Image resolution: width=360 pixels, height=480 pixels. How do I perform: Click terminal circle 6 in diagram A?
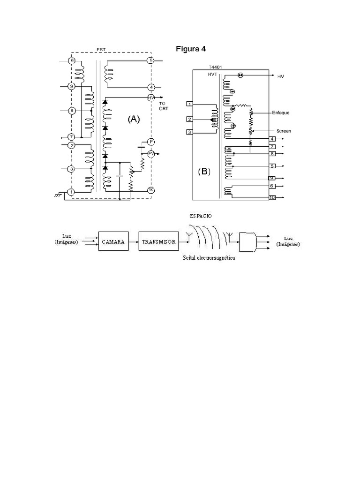pyautogui.click(x=72, y=60)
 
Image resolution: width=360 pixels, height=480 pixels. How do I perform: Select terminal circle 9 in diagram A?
pyautogui.click(x=72, y=86)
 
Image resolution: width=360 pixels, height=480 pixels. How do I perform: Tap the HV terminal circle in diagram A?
pyautogui.click(x=151, y=97)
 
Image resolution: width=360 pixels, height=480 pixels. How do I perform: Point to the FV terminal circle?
pyautogui.click(x=151, y=153)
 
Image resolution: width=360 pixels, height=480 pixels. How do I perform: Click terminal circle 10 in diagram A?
pyautogui.click(x=151, y=190)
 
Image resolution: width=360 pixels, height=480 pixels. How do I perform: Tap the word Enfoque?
pyautogui.click(x=281, y=113)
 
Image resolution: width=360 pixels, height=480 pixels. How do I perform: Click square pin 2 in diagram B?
pyautogui.click(x=189, y=119)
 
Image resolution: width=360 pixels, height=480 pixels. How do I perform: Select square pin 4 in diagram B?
pyautogui.click(x=272, y=139)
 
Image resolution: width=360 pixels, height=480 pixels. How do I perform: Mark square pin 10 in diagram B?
pyautogui.click(x=272, y=198)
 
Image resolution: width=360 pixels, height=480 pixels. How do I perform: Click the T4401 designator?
pyautogui.click(x=216, y=67)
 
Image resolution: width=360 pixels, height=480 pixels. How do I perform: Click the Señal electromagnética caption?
pyautogui.click(x=209, y=258)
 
